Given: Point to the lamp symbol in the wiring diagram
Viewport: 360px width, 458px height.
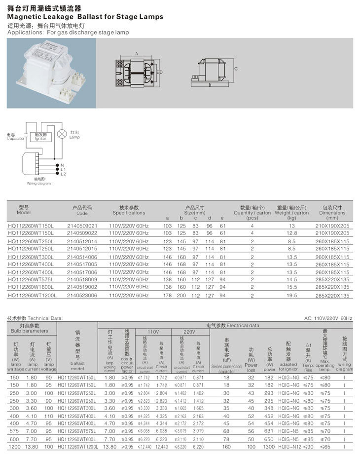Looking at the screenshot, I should pos(63,134).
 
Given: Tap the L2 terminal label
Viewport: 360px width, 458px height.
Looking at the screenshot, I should pos(63,174).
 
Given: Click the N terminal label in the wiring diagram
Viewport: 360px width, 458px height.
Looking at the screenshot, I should pos(63,165).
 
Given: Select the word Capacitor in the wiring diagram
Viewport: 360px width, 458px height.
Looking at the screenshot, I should pos(15,139).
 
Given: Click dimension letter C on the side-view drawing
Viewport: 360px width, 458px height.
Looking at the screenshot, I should pos(236,69).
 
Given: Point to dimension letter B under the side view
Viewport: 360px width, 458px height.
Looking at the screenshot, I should pos(210,85).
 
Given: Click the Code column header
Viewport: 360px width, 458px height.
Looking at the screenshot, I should pos(82,213).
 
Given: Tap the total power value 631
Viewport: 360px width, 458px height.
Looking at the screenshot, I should pos(269,430).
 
